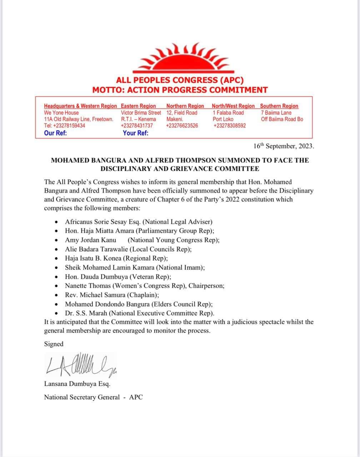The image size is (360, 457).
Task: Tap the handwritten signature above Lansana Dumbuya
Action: [80, 366]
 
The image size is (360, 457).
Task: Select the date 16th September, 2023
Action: [284, 146]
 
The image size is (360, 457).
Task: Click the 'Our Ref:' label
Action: [55, 133]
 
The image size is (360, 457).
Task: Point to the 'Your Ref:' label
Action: [135, 133]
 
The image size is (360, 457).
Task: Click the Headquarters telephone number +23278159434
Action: [64, 126]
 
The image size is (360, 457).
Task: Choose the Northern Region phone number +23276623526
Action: [182, 126]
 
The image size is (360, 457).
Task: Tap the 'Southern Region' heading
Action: [279, 106]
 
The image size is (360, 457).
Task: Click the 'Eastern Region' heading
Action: [139, 106]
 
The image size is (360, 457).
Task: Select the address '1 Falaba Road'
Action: [228, 113]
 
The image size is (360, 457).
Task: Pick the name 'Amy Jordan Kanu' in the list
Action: [90, 240]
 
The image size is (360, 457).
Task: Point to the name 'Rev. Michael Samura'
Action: [92, 295]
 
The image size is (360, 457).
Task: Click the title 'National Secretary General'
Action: [82, 397]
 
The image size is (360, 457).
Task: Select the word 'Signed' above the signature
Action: [54, 344]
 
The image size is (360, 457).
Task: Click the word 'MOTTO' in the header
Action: [107, 90]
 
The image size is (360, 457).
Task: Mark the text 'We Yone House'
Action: [61, 113]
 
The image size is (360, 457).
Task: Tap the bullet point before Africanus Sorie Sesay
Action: [57, 222]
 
